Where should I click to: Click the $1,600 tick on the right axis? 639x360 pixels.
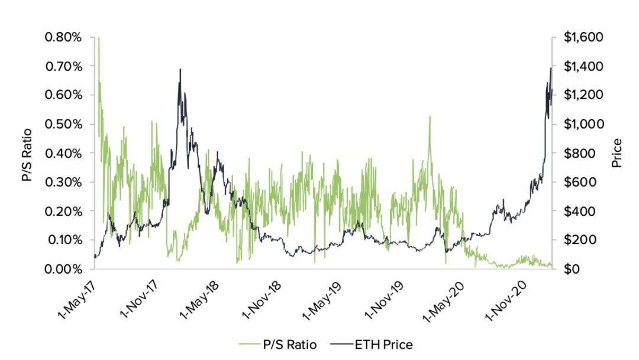tap(583, 37)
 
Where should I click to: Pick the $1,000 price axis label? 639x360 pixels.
tap(583, 124)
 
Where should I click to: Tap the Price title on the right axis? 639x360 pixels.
tap(617, 153)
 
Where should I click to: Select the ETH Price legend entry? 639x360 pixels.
tap(375, 344)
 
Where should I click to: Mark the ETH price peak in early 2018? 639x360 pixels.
tap(180, 69)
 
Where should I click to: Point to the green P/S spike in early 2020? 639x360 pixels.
tap(430, 117)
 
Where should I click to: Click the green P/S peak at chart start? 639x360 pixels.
tap(98, 38)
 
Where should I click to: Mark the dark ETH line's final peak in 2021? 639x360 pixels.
tap(551, 68)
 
